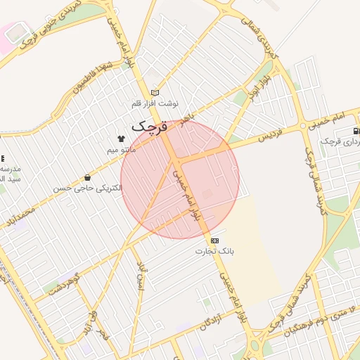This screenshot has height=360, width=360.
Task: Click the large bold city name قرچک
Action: pyautogui.click(x=150, y=127)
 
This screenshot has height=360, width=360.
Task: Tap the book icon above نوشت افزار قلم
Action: pyautogui.click(x=155, y=93)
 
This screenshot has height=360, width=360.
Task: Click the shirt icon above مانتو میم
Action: pyautogui.click(x=121, y=139)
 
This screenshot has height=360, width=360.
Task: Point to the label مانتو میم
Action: pyautogui.click(x=122, y=150)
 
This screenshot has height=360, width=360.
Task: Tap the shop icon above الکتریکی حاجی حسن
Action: pyautogui.click(x=87, y=178)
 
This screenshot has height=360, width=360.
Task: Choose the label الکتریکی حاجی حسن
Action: pyautogui.click(x=87, y=188)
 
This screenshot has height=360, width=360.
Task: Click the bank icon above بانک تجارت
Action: pyautogui.click(x=214, y=240)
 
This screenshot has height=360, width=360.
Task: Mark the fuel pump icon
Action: pyautogui.click(x=356, y=131)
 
